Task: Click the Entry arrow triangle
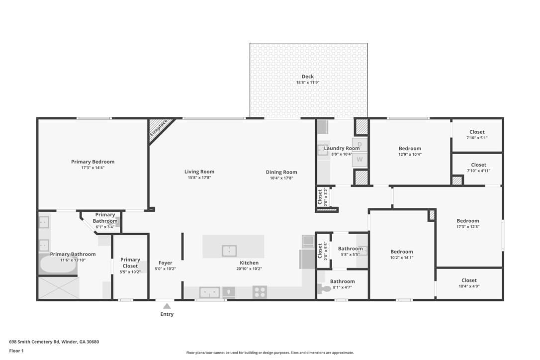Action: click(167, 306)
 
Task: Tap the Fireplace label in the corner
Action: click(159, 127)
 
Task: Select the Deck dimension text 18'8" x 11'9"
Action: click(307, 83)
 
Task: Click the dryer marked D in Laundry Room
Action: click(360, 145)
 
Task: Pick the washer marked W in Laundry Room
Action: click(360, 160)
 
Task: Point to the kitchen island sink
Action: click(229, 251)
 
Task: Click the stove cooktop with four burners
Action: click(260, 292)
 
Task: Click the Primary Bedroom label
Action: click(92, 162)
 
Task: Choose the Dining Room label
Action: click(281, 172)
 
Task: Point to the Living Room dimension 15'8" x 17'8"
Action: click(199, 178)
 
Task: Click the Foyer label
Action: click(165, 263)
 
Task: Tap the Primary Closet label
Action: click(130, 263)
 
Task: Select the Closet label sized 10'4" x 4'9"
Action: click(469, 280)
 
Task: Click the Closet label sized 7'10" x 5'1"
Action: click(477, 132)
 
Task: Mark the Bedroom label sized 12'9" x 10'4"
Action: click(410, 149)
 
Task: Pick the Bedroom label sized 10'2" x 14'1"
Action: click(402, 252)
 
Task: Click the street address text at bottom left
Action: click(54, 342)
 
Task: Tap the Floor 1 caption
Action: click(16, 351)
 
